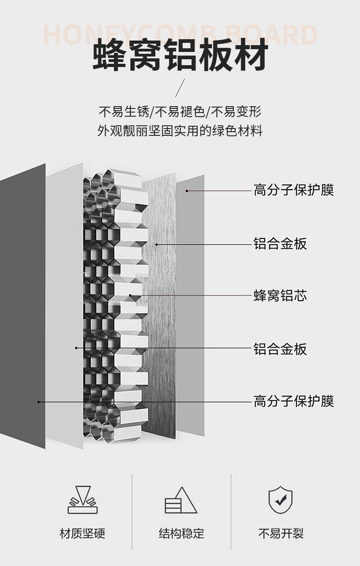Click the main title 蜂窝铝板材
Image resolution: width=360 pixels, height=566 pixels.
pyautogui.click(x=180, y=57)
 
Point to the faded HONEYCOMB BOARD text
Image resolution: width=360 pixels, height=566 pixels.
pyautogui.click(x=180, y=35)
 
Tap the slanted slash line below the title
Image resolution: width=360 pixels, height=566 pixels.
pyautogui.click(x=180, y=87)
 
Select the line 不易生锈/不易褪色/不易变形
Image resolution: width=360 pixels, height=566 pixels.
pyautogui.click(x=180, y=111)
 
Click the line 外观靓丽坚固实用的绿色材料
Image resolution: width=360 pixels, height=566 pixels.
pyautogui.click(x=180, y=131)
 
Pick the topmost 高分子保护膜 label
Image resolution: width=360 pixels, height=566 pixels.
pyautogui.click(x=293, y=190)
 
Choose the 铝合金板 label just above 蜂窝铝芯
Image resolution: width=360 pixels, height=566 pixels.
pyautogui.click(x=280, y=244)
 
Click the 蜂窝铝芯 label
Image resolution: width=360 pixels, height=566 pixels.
pyautogui.click(x=280, y=296)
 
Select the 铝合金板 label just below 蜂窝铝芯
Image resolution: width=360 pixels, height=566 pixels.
pyautogui.click(x=280, y=349)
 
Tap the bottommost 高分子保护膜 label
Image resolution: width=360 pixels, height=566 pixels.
pyautogui.click(x=293, y=401)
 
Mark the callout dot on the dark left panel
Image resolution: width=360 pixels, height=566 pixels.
pyautogui.click(x=39, y=401)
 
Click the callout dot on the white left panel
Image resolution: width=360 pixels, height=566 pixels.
pyautogui.click(x=76, y=348)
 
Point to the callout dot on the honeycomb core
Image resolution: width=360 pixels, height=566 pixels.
pyautogui.click(x=130, y=295)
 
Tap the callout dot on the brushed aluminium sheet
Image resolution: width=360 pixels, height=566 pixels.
pyautogui.click(x=156, y=244)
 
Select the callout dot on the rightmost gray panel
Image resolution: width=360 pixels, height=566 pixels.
pyautogui.click(x=186, y=190)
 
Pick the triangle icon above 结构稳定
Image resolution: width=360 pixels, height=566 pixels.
pyautogui.click(x=180, y=500)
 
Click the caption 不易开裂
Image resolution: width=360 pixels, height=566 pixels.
pyautogui.click(x=281, y=533)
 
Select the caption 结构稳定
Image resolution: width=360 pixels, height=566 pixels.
pyautogui.click(x=181, y=533)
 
